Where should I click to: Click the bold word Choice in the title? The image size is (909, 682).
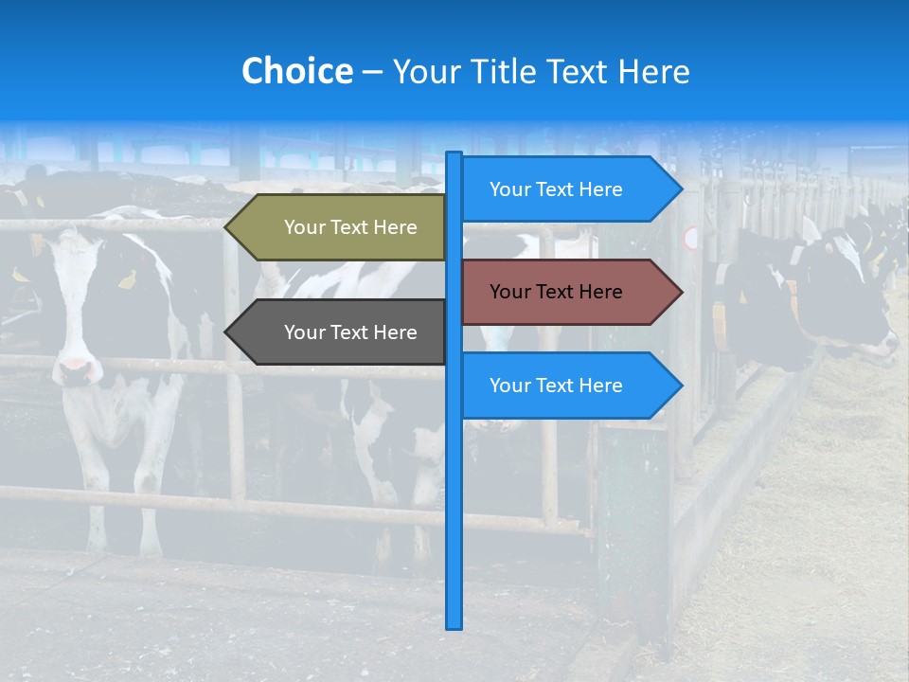coord(296,71)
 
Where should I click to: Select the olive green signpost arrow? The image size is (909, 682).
coord(341,227)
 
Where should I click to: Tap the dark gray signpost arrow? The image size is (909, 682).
coord(341,332)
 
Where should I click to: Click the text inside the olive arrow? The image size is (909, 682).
coord(350,227)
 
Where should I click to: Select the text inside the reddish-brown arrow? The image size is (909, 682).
coord(556,292)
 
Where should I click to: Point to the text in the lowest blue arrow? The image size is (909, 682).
coord(556,386)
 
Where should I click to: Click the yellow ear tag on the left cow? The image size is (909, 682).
coord(127,279)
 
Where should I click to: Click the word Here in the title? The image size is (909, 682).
coord(654,71)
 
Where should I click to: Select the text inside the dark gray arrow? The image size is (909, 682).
coord(350,332)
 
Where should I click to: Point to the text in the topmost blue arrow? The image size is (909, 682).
coord(556,189)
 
